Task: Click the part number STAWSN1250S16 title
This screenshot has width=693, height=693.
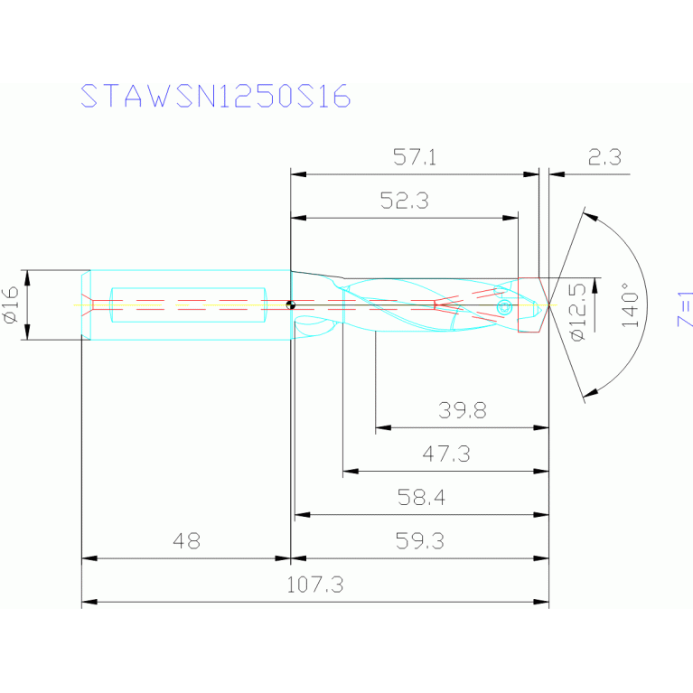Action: [216, 96]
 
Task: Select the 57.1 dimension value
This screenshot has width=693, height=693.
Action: [415, 157]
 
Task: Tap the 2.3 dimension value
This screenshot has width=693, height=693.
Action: [604, 157]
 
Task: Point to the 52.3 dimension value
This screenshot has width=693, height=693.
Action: [405, 201]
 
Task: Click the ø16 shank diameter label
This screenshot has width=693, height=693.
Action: [11, 304]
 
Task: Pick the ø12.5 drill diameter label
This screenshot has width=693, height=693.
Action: [578, 312]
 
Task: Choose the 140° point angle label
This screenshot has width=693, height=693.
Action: [631, 304]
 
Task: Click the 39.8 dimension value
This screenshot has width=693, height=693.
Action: [463, 410]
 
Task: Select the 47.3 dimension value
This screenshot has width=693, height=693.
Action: [446, 454]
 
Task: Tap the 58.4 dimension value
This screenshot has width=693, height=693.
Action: [421, 498]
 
